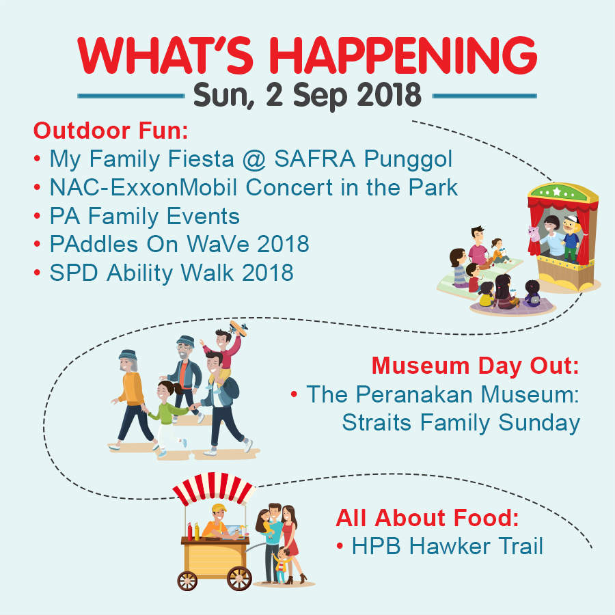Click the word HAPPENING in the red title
[402, 55]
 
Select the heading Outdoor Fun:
[111, 131]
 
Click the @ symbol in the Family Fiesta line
[254, 159]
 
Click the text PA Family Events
[144, 216]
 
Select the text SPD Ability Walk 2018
[172, 273]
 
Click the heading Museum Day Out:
[476, 366]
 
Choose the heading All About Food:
[427, 518]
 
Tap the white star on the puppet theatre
[556, 192]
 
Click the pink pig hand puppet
[534, 234]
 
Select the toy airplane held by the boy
[238, 328]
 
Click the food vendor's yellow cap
[219, 508]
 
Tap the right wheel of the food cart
[239, 579]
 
